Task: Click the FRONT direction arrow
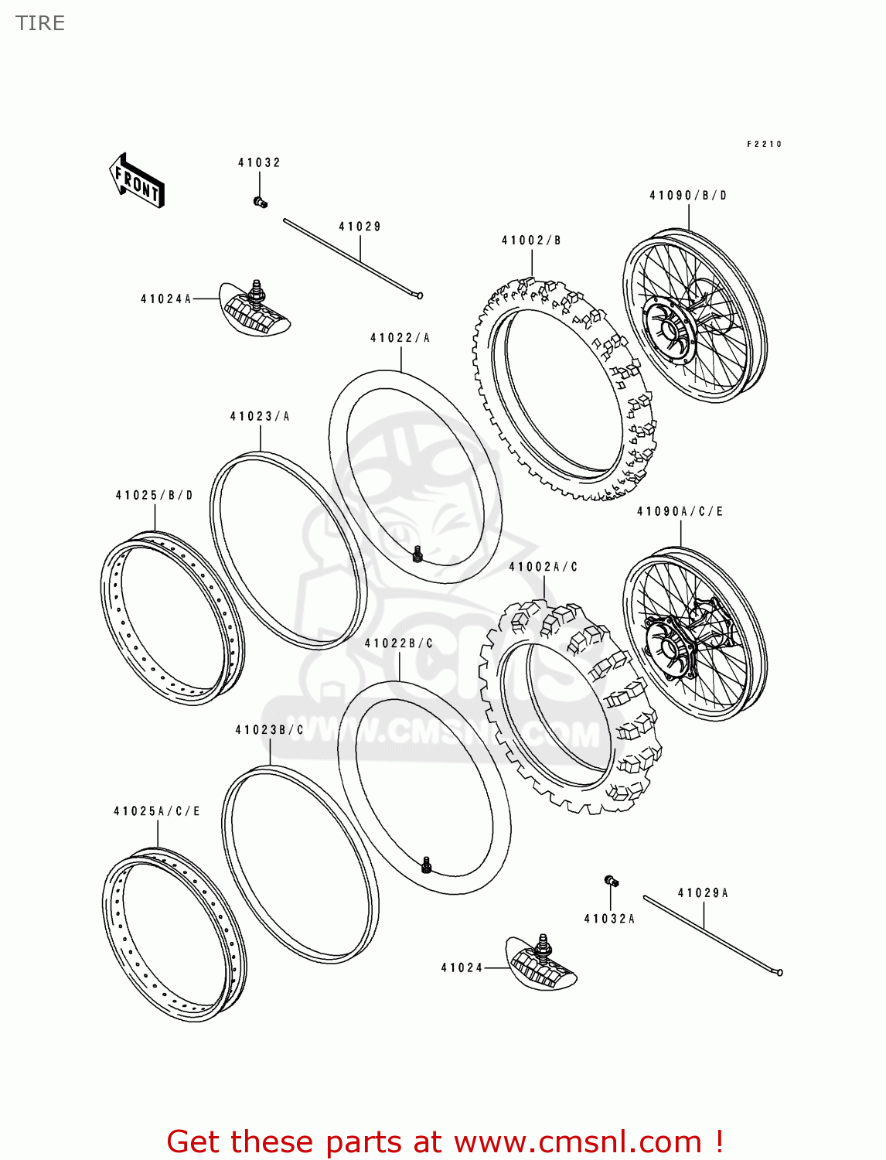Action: (x=137, y=181)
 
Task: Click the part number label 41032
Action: (x=259, y=162)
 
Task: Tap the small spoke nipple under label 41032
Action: (x=260, y=203)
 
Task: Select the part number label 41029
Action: (x=360, y=227)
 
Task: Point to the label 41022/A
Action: (x=400, y=338)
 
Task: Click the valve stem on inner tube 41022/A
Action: (x=418, y=554)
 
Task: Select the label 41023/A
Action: (x=260, y=416)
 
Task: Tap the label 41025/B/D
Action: (x=154, y=495)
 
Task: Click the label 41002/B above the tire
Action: (x=531, y=241)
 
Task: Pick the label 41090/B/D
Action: (x=688, y=196)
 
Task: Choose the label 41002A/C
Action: (x=543, y=567)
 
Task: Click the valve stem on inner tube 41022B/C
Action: (x=426, y=865)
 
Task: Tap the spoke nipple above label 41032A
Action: (x=611, y=880)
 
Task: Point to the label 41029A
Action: (x=703, y=892)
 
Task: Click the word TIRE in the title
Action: (x=40, y=23)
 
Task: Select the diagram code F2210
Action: (x=764, y=144)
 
